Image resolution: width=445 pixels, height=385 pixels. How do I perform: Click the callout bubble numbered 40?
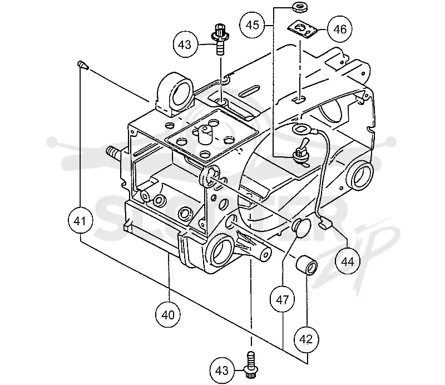click(x=168, y=315)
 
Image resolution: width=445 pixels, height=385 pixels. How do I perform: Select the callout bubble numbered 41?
click(x=81, y=221)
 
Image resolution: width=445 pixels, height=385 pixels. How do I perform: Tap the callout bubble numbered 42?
click(x=306, y=339)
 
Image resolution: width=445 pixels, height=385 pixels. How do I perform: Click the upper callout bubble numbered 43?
click(x=186, y=45)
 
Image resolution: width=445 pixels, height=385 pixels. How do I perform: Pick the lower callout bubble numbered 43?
click(x=222, y=370)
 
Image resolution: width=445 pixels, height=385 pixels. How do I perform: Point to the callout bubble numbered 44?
click(x=347, y=261)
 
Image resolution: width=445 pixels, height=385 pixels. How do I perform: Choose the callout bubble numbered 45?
click(x=253, y=25)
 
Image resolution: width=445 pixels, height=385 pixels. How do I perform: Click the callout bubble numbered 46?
click(x=340, y=29)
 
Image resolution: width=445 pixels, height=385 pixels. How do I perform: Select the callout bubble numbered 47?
click(x=283, y=299)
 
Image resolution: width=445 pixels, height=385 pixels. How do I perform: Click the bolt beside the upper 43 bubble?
click(x=220, y=40)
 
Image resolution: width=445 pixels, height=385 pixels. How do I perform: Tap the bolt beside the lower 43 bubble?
click(x=251, y=365)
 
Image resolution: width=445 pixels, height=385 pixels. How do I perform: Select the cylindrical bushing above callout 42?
click(x=307, y=265)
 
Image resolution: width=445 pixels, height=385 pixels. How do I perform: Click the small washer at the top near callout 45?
click(x=300, y=8)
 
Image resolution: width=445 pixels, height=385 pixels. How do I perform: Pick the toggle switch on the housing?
click(x=301, y=153)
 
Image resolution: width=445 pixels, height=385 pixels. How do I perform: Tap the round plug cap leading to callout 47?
click(x=301, y=226)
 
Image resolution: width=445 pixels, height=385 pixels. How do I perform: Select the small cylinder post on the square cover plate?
click(x=205, y=134)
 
